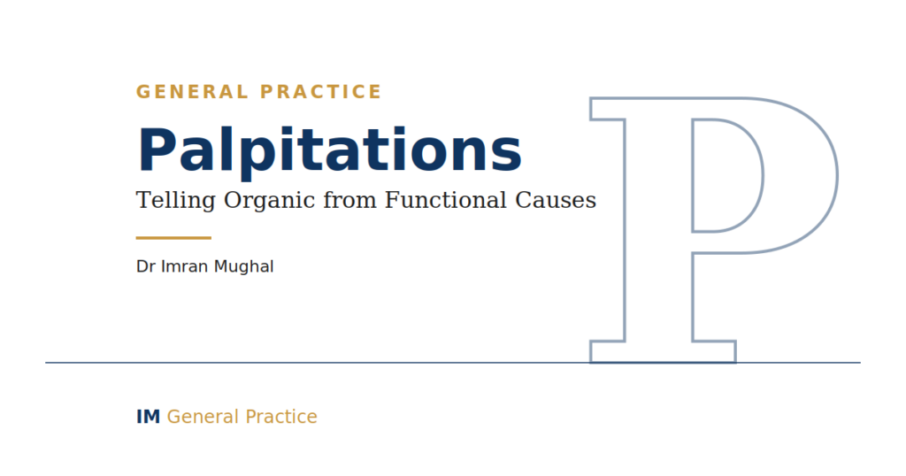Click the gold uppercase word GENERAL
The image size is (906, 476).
pyautogui.click(x=192, y=92)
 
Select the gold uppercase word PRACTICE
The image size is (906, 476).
pyautogui.click(x=320, y=92)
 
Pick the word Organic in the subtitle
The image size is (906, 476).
pyautogui.click(x=270, y=201)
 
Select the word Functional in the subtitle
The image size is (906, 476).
pyautogui.click(x=446, y=201)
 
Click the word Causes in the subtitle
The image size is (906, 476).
pyautogui.click(x=556, y=201)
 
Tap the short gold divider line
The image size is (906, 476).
pyautogui.click(x=173, y=237)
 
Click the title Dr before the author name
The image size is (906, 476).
pyautogui.click(x=146, y=266)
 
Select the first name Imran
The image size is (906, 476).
pyautogui.click(x=185, y=266)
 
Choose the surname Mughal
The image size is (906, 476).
pyautogui.click(x=244, y=267)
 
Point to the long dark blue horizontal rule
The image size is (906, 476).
pyautogui.click(x=453, y=363)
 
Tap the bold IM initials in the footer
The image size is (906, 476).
pyautogui.click(x=148, y=417)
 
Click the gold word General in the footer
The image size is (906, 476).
pyautogui.click(x=203, y=417)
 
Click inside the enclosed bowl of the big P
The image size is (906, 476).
pyautogui.click(x=726, y=175)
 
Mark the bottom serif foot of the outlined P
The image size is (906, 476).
pyautogui.click(x=662, y=352)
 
